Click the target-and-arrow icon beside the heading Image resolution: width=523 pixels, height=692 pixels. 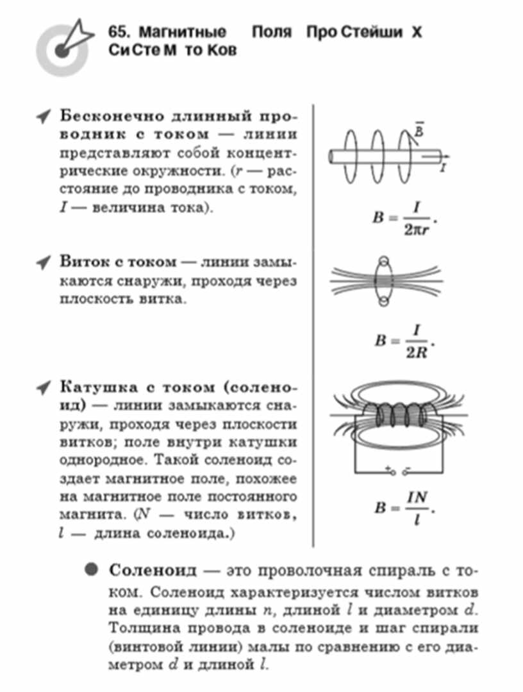tap(64, 47)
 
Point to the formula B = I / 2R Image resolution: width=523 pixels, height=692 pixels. tap(404, 341)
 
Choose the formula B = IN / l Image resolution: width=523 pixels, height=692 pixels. tap(404, 508)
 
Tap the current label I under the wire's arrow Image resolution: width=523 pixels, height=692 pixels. tap(443, 167)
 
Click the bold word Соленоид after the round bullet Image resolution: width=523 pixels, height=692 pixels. tap(153, 570)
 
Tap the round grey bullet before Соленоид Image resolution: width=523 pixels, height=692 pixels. tap(91, 570)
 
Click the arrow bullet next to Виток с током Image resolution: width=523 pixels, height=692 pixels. tap(43, 262)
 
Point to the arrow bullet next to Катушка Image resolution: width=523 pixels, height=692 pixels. tap(43, 388)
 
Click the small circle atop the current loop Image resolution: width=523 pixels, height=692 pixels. tap(385, 261)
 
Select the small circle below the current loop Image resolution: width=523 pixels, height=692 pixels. tap(384, 301)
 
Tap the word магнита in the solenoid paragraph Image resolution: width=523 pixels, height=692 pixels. tap(90, 515)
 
